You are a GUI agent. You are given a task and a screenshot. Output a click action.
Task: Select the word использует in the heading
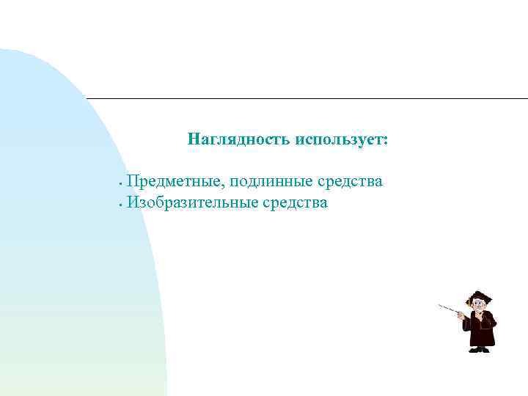pyautogui.click(x=339, y=139)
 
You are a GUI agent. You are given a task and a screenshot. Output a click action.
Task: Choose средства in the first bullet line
pyautogui.click(x=349, y=181)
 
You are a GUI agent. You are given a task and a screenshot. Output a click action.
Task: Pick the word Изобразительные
pyautogui.click(x=192, y=202)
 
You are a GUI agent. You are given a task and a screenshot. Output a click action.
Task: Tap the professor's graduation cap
pyautogui.click(x=481, y=296)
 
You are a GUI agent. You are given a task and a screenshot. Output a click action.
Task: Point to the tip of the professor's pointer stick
pyautogui.click(x=439, y=305)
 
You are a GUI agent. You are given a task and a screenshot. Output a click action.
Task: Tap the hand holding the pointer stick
pyautogui.click(x=461, y=315)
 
